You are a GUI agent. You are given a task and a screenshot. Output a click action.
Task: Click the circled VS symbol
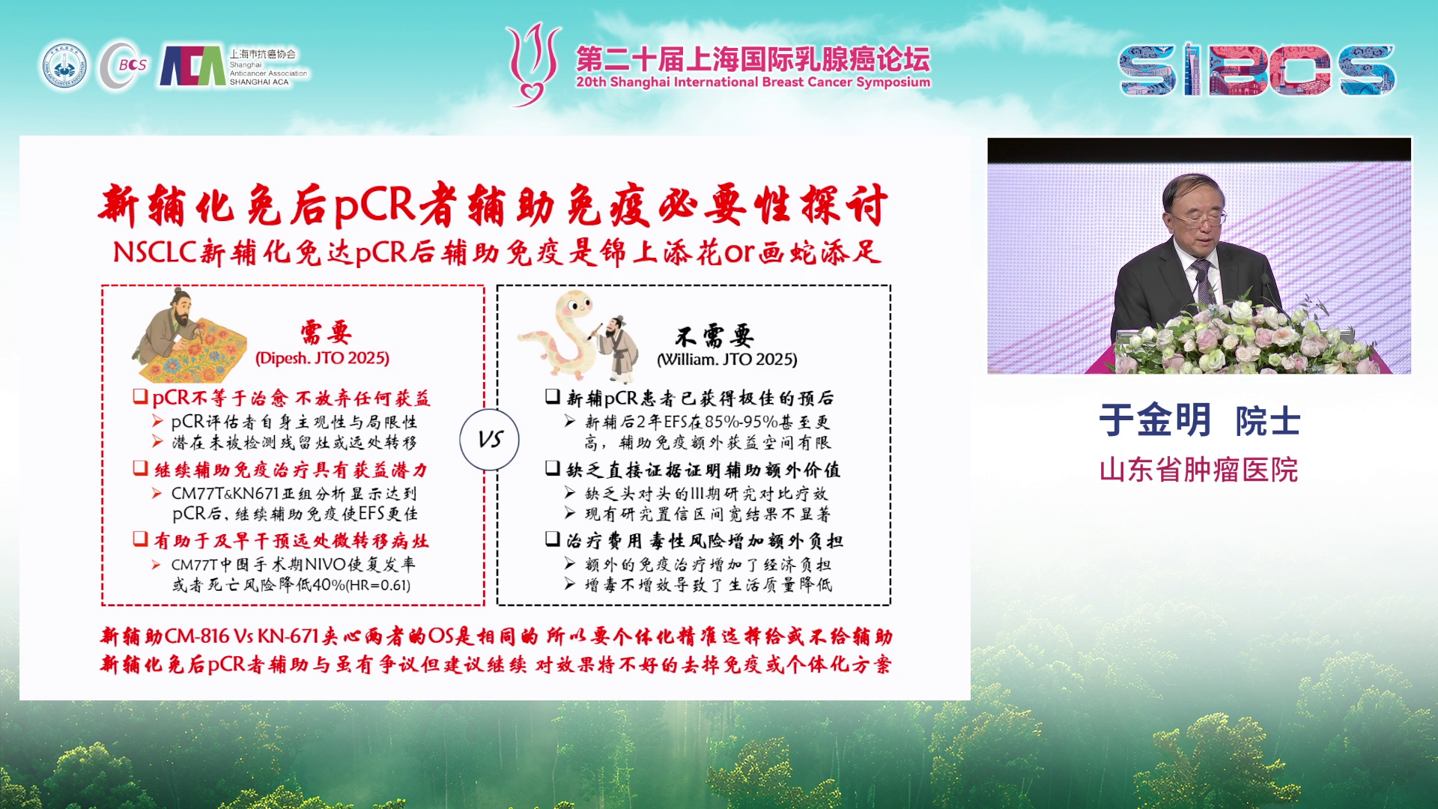tap(490, 439)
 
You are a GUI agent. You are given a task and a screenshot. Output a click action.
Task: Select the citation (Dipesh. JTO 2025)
tap(323, 358)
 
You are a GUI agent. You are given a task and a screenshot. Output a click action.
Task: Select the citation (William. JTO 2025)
tap(726, 360)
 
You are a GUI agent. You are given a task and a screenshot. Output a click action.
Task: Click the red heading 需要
tap(326, 331)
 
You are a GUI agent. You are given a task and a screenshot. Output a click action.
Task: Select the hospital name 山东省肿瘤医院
tap(1198, 470)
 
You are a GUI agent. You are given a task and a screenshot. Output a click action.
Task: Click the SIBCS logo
tap(1257, 70)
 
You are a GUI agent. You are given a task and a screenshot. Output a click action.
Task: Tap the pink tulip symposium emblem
tap(533, 64)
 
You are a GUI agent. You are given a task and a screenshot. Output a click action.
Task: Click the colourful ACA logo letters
tap(192, 67)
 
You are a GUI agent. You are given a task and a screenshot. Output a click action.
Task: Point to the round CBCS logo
tap(124, 66)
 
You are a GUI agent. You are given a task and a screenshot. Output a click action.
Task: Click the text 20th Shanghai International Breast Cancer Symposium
tap(753, 82)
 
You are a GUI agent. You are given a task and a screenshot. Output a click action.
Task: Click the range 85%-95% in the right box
tap(741, 422)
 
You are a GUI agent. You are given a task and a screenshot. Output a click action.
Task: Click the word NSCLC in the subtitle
tap(155, 252)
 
